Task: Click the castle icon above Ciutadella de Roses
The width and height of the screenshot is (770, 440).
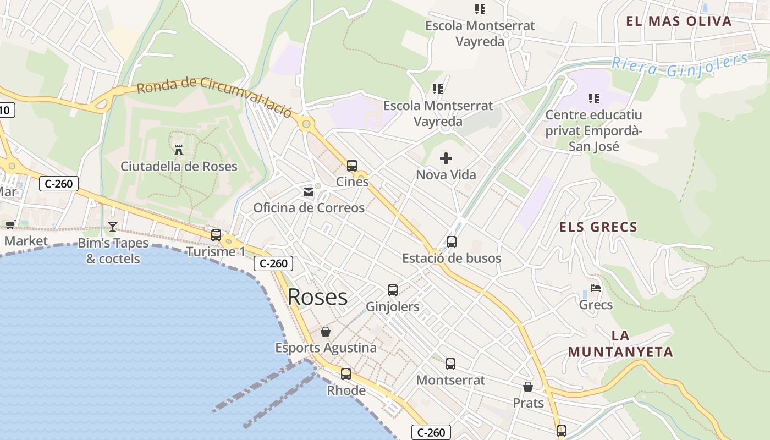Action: [179, 149]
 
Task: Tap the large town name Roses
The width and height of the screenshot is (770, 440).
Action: [317, 297]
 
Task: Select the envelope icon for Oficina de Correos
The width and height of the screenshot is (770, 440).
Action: [309, 192]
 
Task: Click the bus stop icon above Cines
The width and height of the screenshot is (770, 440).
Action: [352, 165]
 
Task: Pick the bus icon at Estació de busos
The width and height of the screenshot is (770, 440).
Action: [452, 241]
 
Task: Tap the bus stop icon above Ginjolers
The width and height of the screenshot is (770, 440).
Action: [393, 290]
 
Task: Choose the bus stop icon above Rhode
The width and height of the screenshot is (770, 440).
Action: [346, 374]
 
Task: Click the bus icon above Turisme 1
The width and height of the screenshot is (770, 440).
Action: [216, 235]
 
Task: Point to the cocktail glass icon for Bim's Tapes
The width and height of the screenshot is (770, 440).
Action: [113, 226]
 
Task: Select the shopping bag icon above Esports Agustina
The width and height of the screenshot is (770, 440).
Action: [326, 332]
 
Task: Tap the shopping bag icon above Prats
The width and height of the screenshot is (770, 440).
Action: [528, 387]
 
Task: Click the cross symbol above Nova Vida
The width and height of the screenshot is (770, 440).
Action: [446, 159]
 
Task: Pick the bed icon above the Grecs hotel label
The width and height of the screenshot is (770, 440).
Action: [596, 288]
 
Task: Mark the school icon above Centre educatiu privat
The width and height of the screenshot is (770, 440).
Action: [593, 98]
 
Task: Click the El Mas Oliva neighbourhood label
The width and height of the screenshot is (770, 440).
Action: [679, 21]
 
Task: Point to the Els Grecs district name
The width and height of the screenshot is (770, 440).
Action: [598, 227]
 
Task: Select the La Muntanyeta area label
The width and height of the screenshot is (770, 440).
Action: [620, 344]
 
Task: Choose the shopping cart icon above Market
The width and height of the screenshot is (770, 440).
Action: [10, 224]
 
